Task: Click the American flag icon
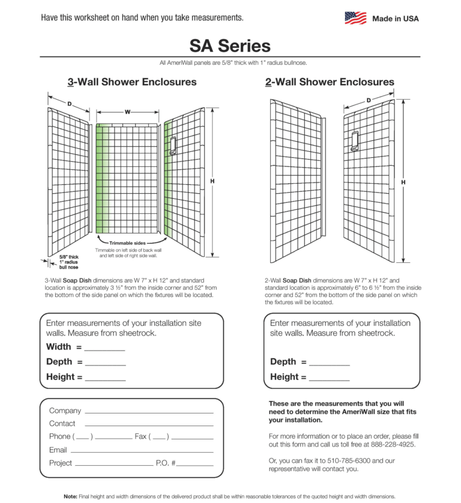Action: (x=355, y=18)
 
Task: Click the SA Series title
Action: (x=230, y=46)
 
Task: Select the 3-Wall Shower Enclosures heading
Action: (x=131, y=82)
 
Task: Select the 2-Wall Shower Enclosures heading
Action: (x=330, y=82)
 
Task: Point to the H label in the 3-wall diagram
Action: (x=212, y=181)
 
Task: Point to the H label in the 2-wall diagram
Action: (x=403, y=182)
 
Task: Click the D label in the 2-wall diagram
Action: (x=369, y=100)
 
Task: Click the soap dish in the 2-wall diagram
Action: (x=355, y=141)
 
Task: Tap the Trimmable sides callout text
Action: (x=127, y=242)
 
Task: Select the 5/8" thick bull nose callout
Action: (x=68, y=262)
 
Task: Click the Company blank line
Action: (x=149, y=412)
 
